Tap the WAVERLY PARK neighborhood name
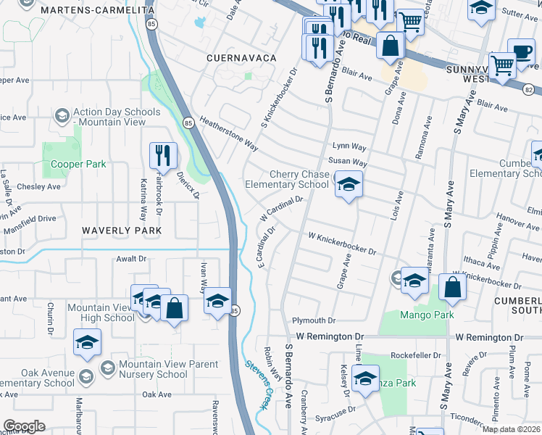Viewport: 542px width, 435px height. [x=120, y=230]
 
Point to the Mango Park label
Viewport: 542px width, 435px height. [x=427, y=315]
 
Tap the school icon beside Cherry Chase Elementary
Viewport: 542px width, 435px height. [x=349, y=186]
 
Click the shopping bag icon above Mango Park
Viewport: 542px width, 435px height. [x=452, y=287]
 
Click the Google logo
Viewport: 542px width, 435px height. [x=24, y=426]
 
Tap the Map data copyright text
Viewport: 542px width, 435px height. [x=511, y=429]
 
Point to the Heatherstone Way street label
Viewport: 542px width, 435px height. [x=229, y=134]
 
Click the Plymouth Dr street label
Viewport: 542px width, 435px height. [x=314, y=320]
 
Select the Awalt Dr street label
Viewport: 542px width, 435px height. [x=131, y=257]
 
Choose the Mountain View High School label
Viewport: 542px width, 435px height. [x=101, y=312]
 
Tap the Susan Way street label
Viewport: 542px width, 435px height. [x=348, y=162]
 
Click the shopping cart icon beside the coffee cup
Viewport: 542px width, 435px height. [x=502, y=65]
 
